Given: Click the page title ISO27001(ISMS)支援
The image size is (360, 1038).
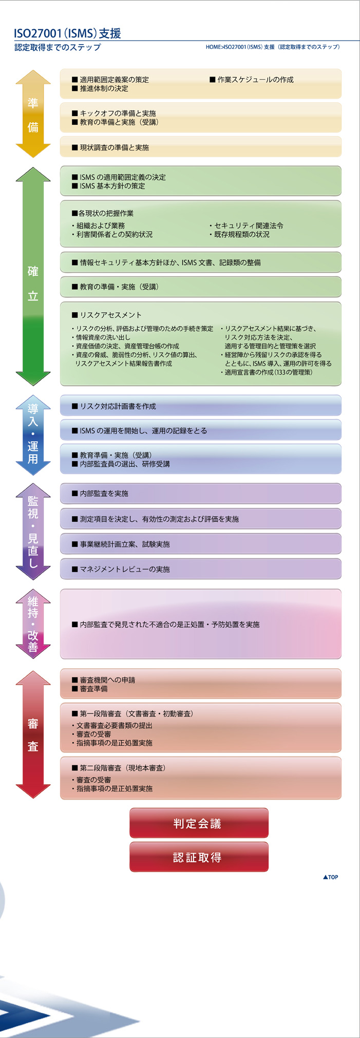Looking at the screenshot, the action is click(x=68, y=33).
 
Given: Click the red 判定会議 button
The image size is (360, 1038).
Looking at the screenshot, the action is click(x=199, y=823).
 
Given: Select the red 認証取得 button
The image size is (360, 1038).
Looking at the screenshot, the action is click(x=199, y=857).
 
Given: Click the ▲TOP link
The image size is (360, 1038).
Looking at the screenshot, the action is click(x=331, y=877).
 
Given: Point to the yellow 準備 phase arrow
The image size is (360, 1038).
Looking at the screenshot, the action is click(x=33, y=114).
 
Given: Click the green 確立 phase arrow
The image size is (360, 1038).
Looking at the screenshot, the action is click(x=33, y=276).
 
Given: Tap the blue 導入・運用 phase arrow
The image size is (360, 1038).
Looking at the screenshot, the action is click(x=33, y=434).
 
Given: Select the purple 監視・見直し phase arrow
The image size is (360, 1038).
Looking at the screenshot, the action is click(x=33, y=532).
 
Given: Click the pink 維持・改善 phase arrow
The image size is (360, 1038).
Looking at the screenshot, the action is click(x=33, y=624).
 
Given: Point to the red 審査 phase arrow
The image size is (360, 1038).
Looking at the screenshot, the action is click(x=33, y=734).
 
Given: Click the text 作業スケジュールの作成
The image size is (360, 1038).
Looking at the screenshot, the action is click(x=252, y=80).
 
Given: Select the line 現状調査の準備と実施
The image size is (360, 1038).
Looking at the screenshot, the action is click(x=110, y=147).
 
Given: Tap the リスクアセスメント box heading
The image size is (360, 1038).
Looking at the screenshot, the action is click(x=107, y=315).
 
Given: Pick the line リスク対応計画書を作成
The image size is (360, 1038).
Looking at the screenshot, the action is click(x=114, y=406).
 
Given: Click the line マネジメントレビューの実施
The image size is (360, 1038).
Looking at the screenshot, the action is click(x=121, y=569).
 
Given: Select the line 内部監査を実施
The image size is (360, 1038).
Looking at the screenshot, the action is click(x=100, y=494).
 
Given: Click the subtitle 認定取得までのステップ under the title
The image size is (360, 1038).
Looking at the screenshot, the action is click(x=58, y=47).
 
